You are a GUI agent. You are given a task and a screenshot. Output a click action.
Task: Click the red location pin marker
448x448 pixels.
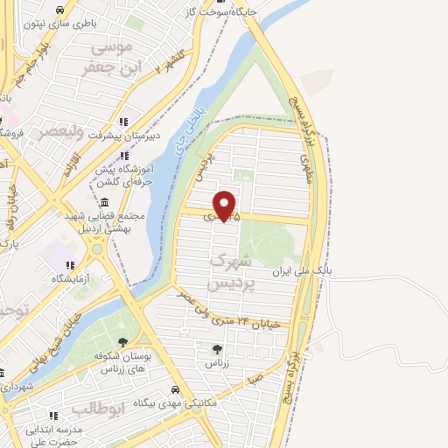point(226,205)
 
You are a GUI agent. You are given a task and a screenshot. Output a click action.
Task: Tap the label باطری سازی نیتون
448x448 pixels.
point(59,24)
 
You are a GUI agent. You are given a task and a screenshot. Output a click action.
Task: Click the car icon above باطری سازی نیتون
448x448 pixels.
point(59,10)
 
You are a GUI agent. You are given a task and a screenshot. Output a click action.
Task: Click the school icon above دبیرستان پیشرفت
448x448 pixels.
point(122,122)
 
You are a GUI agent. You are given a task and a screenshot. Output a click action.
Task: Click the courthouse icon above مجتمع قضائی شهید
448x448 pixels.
point(104,202)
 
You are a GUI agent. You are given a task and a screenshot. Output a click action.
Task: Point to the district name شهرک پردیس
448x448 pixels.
point(232,275)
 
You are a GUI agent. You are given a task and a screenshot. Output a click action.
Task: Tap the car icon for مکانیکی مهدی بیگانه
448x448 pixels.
point(175,390)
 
